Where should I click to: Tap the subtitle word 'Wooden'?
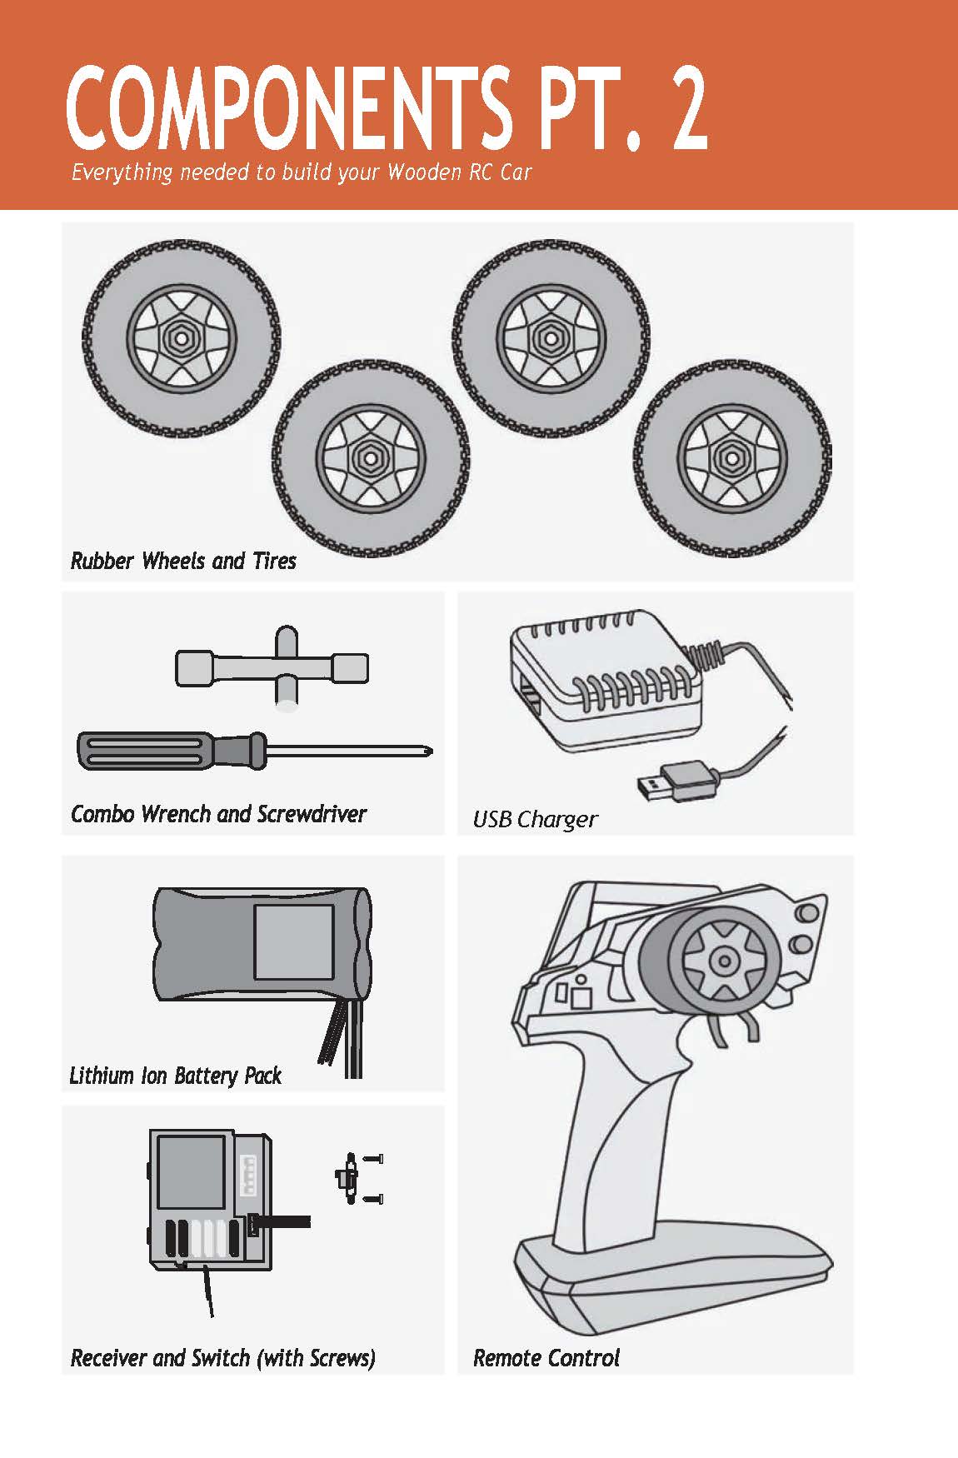pos(424,172)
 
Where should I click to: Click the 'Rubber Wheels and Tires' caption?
pos(183,561)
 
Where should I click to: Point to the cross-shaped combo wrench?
pos(273,667)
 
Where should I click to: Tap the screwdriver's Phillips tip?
pos(428,751)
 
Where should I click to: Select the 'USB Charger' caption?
pos(535,820)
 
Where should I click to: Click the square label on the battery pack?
pos(293,942)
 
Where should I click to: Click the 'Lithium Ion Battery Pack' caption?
pos(175,1076)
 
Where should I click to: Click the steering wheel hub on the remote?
pos(723,961)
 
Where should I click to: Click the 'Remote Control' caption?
pos(546,1358)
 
